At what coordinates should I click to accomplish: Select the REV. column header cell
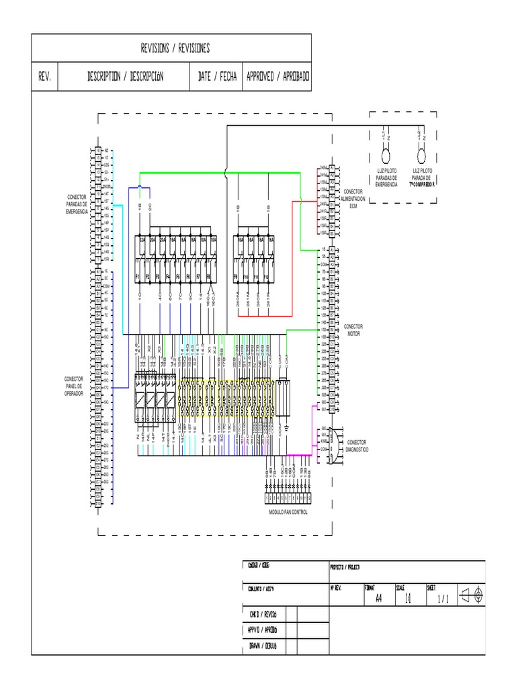(x=45, y=77)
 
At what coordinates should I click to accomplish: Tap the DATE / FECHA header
(x=217, y=77)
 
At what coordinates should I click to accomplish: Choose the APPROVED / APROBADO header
(x=278, y=77)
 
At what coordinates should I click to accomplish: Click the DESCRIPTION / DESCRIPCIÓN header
(x=125, y=77)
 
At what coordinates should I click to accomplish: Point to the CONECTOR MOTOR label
(x=354, y=329)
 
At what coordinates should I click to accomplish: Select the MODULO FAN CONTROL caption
(x=288, y=512)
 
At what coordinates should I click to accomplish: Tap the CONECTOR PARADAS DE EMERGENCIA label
(x=76, y=203)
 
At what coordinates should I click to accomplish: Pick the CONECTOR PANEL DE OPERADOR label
(x=73, y=387)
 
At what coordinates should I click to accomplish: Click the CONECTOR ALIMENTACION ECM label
(x=354, y=199)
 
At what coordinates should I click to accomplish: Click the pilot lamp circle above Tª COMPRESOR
(x=423, y=156)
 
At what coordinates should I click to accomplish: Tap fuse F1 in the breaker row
(x=138, y=276)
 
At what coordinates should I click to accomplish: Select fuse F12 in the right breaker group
(x=267, y=276)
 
